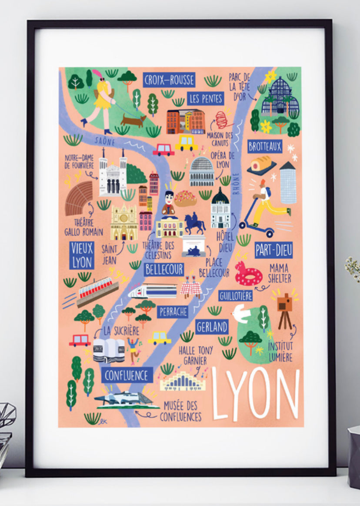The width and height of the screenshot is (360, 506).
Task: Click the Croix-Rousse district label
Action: click(169, 80)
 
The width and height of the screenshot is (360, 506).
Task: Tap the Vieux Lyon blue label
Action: click(82, 255)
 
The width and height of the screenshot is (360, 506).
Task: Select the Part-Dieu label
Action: click(273, 250)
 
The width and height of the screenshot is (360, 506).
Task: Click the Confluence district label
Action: click(127, 375)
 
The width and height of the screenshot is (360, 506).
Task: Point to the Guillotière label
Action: click(235, 296)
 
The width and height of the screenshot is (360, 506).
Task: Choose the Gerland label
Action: click(212, 327)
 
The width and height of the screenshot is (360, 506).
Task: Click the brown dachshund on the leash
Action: click(133, 121)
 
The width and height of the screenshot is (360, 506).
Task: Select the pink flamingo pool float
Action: click(248, 274)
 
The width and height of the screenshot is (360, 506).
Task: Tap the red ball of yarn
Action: click(223, 119)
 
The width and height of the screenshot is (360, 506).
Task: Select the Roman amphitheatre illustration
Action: click(79, 198)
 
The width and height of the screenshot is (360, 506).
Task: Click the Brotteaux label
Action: click(265, 146)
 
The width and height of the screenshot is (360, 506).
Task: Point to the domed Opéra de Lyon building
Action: click(202, 172)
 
